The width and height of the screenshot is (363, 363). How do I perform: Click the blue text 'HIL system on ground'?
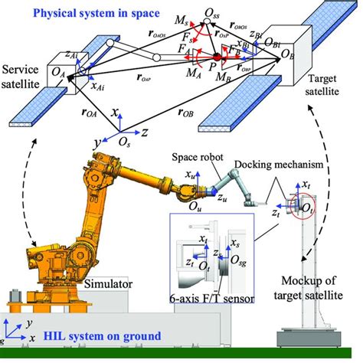(100, 335)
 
